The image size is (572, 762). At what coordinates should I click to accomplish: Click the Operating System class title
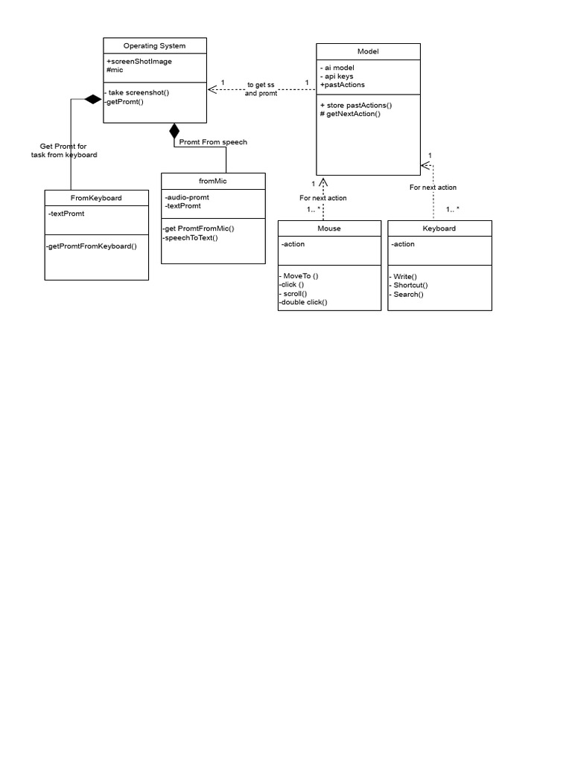154,46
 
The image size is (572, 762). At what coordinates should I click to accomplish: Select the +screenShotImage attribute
139,61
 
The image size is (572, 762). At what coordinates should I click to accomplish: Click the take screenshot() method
138,92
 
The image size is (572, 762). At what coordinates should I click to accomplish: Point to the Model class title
368,52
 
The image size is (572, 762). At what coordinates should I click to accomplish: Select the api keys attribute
337,76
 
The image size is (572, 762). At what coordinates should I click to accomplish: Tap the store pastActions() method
355,105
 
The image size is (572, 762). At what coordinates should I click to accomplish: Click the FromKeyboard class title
96,199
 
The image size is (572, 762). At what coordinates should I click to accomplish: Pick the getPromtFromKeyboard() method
92,246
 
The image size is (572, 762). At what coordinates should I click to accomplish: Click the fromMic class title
212,181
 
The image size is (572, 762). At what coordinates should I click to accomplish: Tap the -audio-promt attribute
187,197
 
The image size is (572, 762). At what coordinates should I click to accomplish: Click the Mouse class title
328,228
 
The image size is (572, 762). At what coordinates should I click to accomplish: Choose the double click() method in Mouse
303,302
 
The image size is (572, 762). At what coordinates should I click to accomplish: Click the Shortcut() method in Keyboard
410,285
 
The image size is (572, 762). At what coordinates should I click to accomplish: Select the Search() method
407,294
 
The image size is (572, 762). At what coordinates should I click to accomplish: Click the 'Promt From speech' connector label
213,142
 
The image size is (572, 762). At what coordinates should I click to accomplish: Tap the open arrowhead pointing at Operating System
212,90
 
